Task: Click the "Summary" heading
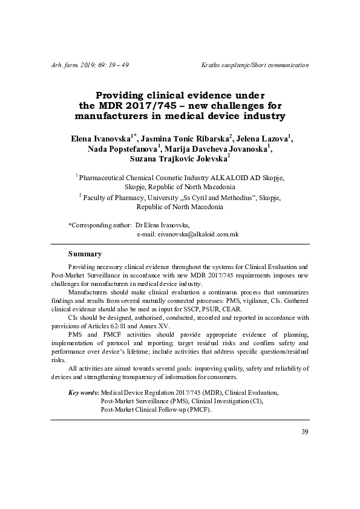(85, 253)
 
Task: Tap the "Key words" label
(83, 392)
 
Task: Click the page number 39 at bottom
(305, 431)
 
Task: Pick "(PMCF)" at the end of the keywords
(197, 409)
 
